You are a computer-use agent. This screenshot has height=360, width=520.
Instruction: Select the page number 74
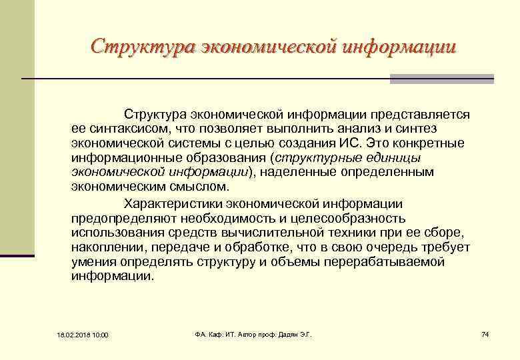click(x=485, y=333)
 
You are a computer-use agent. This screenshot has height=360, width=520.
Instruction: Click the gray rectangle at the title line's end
click(x=441, y=79)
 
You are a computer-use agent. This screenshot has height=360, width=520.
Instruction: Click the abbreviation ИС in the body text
click(x=347, y=143)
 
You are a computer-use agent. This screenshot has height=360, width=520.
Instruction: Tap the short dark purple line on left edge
click(x=17, y=255)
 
